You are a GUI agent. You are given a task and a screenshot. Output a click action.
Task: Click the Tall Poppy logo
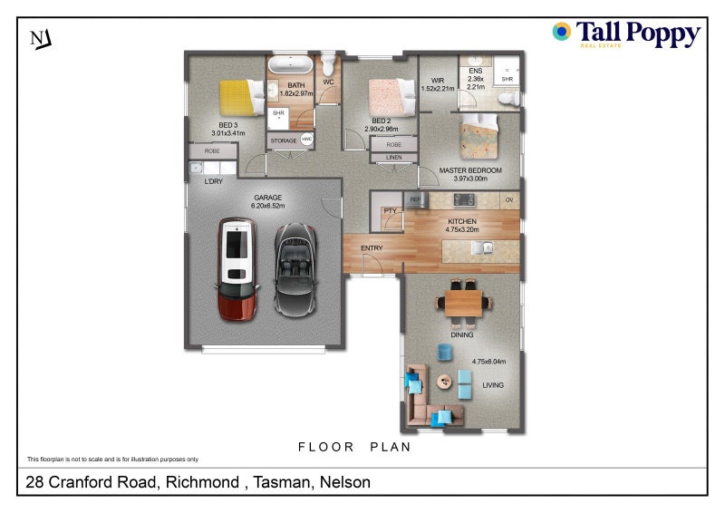coord(625,34)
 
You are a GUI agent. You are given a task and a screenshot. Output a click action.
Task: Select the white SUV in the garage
coord(237,269)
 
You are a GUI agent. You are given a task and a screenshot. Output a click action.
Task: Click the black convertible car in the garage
coord(293,269)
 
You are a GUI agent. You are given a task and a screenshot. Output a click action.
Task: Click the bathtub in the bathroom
coord(289,65)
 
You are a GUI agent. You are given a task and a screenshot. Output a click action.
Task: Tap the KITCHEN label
coord(460,221)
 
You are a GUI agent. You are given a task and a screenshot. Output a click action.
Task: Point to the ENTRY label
coord(372,248)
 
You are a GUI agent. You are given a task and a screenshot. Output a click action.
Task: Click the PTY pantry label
coord(391,211)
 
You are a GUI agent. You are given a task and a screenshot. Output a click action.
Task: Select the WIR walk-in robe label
coord(438,80)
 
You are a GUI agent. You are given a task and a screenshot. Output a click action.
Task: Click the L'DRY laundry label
coord(214,181)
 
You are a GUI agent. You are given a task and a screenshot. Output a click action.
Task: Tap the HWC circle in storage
coord(306,140)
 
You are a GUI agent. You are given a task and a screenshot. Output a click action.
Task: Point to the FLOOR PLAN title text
coord(354,447)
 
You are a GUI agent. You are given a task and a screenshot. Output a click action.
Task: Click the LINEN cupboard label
coord(392,158)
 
